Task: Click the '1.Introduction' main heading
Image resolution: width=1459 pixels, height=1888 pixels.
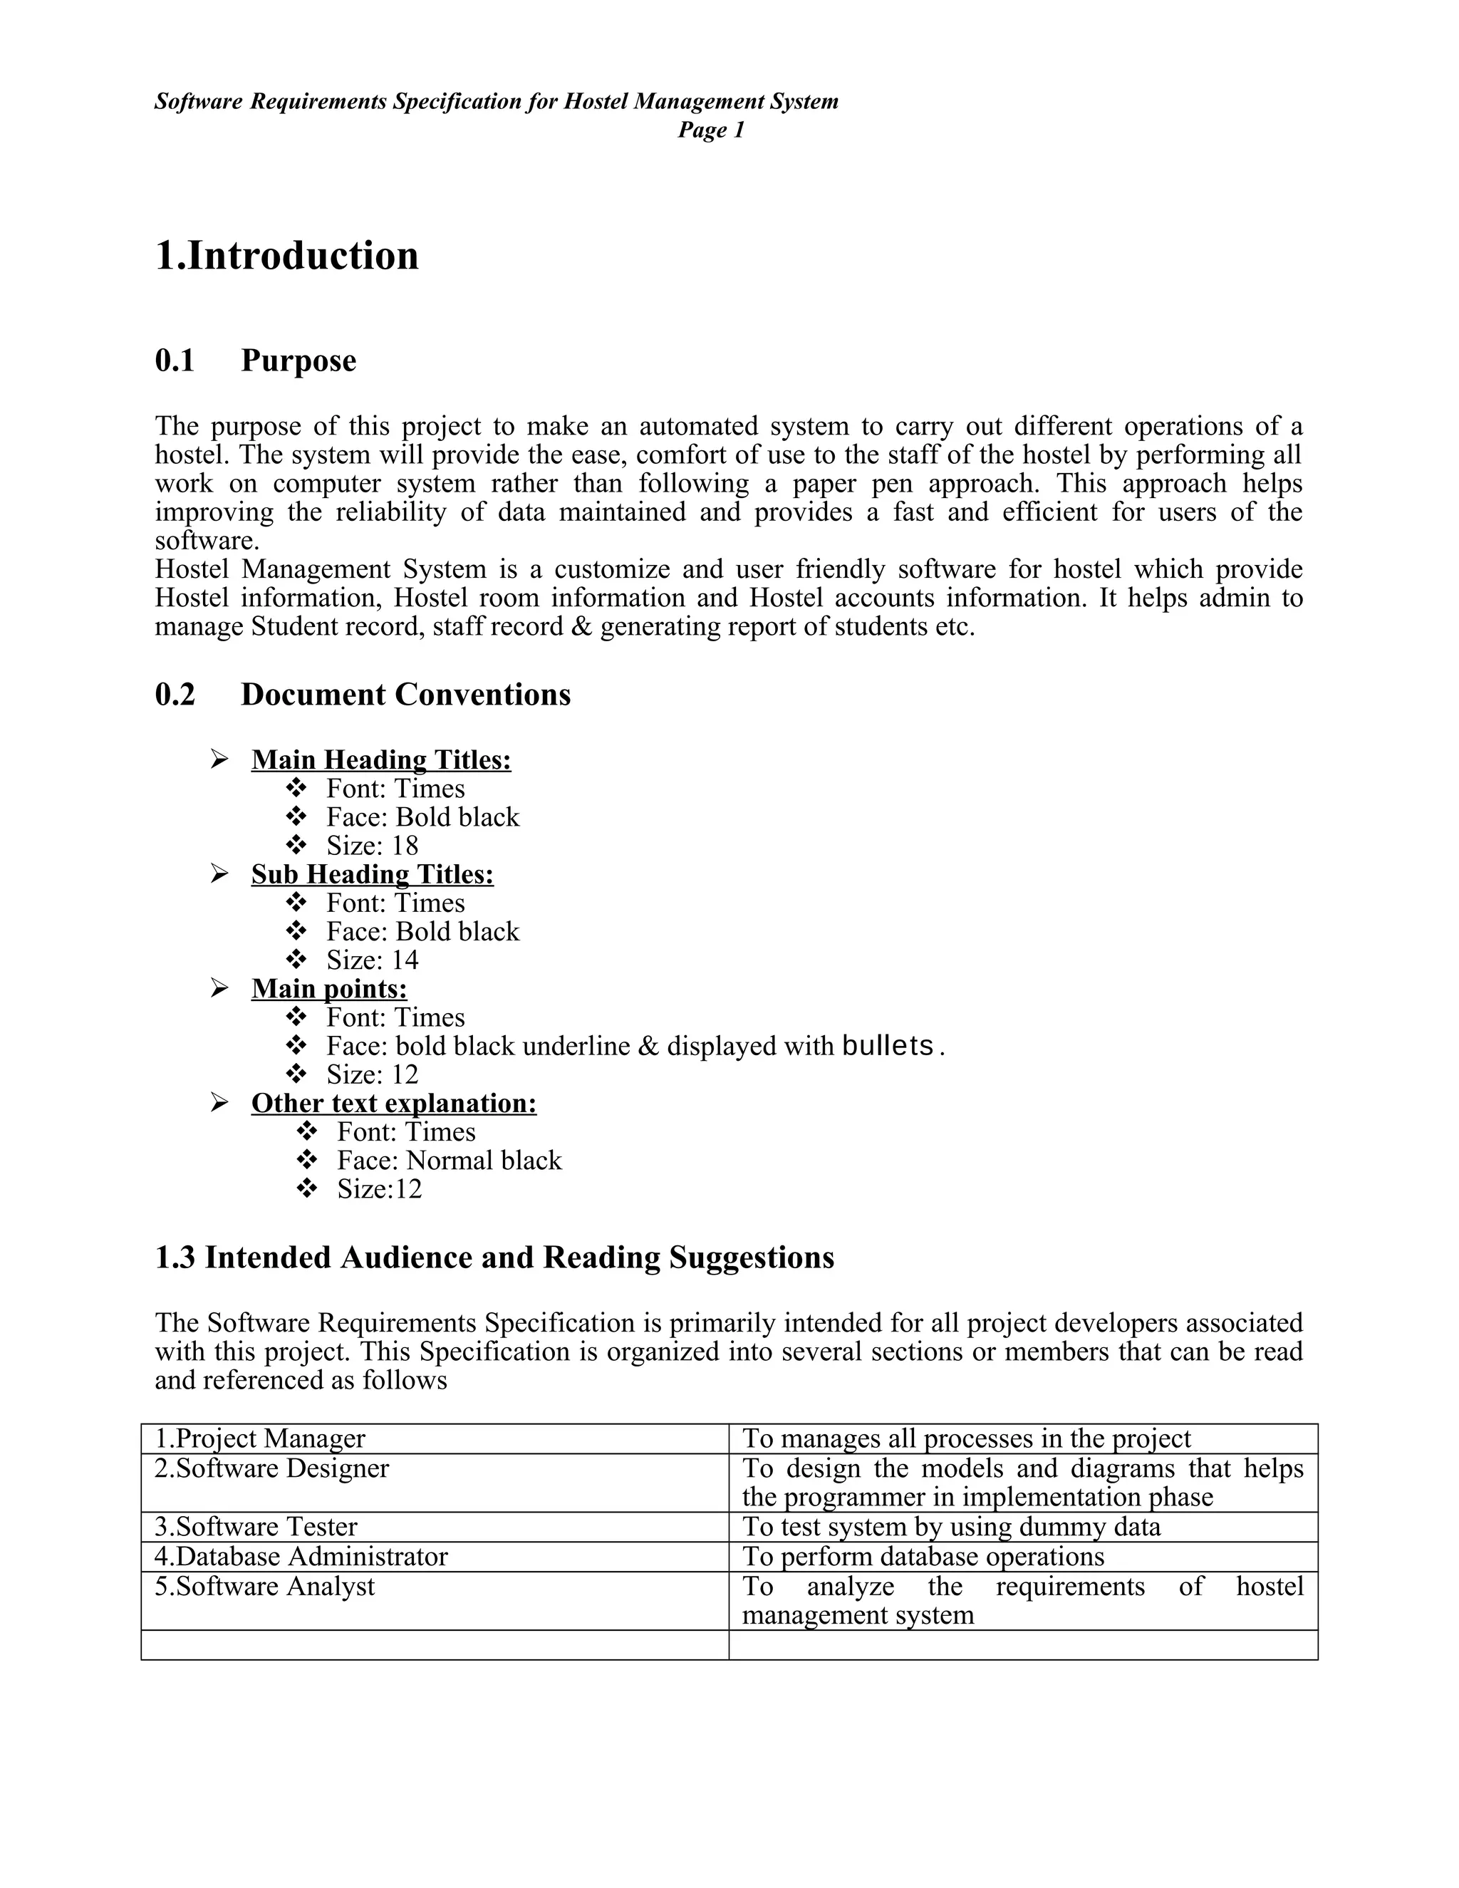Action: (x=286, y=256)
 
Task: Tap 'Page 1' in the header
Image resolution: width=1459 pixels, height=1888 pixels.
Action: (x=710, y=130)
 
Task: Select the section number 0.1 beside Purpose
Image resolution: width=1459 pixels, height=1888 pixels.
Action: (x=175, y=361)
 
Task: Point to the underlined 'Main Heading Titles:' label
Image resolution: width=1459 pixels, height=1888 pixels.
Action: (x=381, y=760)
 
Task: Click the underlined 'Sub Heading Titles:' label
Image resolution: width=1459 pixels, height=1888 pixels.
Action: (x=373, y=874)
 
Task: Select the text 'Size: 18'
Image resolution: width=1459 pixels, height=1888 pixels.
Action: (x=372, y=846)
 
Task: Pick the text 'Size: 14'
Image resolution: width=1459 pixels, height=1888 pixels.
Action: (x=372, y=960)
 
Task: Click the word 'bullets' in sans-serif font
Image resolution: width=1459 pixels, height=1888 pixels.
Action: (x=888, y=1046)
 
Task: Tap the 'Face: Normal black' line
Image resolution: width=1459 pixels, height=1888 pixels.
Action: (x=449, y=1161)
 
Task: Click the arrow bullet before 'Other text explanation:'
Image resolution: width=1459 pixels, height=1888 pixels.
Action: (x=219, y=1102)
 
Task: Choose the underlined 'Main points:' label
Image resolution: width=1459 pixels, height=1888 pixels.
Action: (x=329, y=988)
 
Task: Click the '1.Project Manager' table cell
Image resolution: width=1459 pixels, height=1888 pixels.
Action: (x=260, y=1438)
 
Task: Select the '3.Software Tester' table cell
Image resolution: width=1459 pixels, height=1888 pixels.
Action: (x=256, y=1527)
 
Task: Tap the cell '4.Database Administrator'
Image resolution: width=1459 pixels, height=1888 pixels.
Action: (x=301, y=1557)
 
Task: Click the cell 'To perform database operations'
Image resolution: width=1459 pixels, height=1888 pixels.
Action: (x=923, y=1557)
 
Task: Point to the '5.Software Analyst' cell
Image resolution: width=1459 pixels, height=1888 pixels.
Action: (x=264, y=1587)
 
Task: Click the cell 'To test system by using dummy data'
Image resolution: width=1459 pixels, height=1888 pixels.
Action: (x=951, y=1527)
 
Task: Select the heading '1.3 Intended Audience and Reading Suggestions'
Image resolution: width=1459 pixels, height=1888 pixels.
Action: (x=494, y=1257)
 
